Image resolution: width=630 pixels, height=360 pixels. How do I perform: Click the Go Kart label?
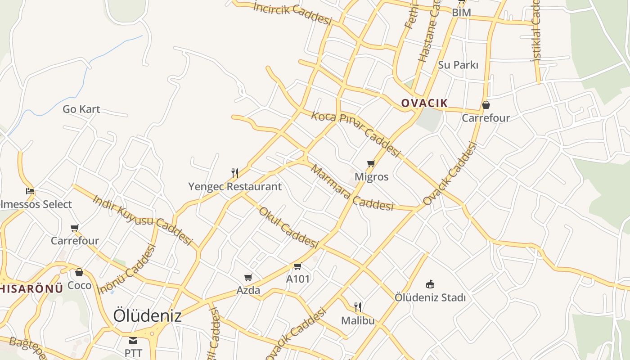pos(81,109)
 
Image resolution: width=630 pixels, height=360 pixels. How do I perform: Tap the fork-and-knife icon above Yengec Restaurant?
pos(234,173)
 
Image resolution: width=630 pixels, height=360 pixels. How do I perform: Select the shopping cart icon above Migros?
pos(371,163)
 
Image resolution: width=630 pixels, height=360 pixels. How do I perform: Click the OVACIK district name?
pos(424,103)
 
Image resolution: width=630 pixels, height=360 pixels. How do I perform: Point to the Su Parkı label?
pos(458,65)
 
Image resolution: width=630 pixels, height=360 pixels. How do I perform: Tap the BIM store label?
pos(461,13)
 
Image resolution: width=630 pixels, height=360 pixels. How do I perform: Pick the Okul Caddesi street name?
pos(288,228)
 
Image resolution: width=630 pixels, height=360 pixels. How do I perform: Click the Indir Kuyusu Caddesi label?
pos(142,220)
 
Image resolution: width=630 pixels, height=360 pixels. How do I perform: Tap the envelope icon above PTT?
pos(133,340)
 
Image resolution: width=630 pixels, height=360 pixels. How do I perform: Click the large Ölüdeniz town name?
pos(147,315)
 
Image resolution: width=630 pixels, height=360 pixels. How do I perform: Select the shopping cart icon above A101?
pos(297,266)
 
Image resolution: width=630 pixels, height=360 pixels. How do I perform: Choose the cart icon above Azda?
pos(248,277)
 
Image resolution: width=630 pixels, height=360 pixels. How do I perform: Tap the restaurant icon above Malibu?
pos(358,307)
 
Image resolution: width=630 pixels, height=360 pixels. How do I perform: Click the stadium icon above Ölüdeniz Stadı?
pos(430,284)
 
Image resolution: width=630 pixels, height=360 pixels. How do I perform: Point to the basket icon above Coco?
pos(79,272)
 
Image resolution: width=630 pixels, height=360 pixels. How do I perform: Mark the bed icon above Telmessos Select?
pos(30,191)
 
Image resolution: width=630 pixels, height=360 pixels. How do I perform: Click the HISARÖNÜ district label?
pos(31,288)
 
